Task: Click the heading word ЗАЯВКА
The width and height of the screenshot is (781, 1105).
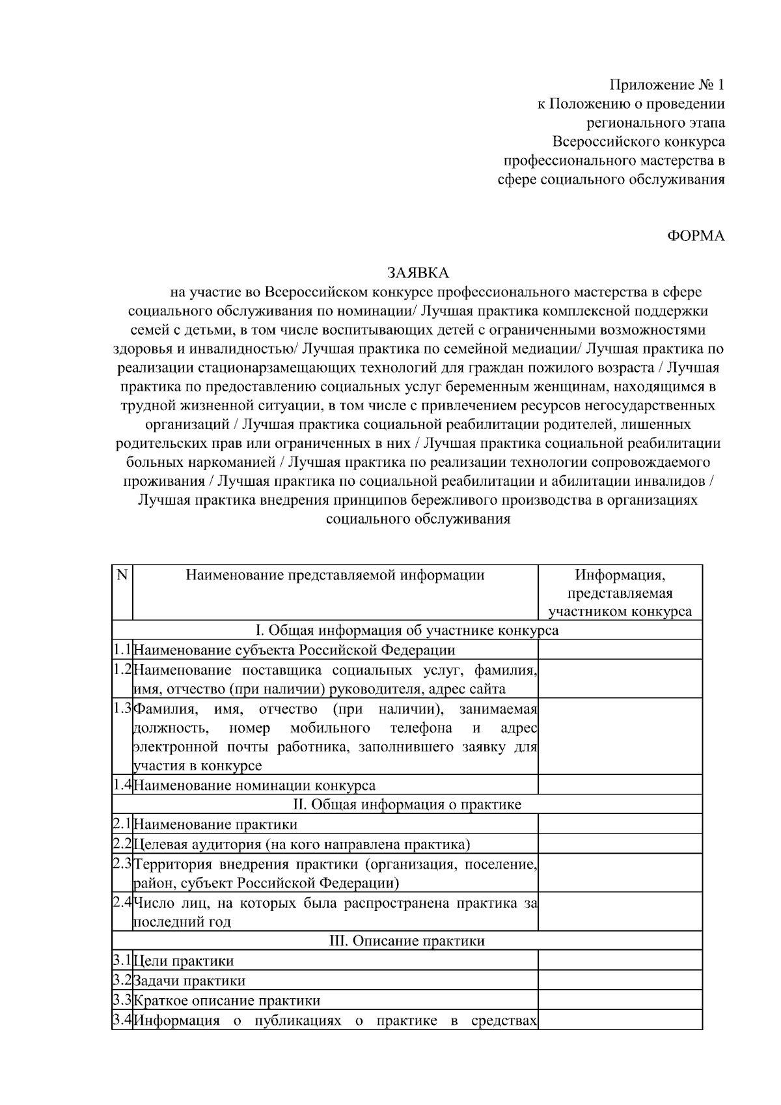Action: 418,273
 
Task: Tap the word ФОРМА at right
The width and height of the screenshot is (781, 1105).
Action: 696,236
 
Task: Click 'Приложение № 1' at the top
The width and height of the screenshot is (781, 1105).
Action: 666,85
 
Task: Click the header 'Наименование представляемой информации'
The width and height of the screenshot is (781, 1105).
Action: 335,575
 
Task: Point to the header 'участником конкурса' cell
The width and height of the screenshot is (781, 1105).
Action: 620,612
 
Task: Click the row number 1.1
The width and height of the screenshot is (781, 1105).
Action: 122,649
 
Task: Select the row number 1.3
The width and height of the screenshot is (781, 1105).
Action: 122,708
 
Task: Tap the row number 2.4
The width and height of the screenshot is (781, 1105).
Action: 122,902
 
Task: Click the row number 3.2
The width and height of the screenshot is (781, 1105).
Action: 122,980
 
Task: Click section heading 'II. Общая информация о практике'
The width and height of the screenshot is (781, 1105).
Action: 407,804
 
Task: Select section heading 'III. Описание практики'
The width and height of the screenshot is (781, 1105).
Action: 407,941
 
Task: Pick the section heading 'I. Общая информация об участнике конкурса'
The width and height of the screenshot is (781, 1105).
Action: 407,630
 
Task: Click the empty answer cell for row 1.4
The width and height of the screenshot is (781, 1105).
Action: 620,785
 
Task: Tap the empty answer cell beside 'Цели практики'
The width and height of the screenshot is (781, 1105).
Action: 620,960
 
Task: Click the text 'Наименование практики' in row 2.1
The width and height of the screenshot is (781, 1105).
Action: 215,824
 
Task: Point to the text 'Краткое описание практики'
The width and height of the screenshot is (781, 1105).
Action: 226,1000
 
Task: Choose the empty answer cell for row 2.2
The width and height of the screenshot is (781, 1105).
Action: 620,845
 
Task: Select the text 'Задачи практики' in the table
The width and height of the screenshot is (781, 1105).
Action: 189,981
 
